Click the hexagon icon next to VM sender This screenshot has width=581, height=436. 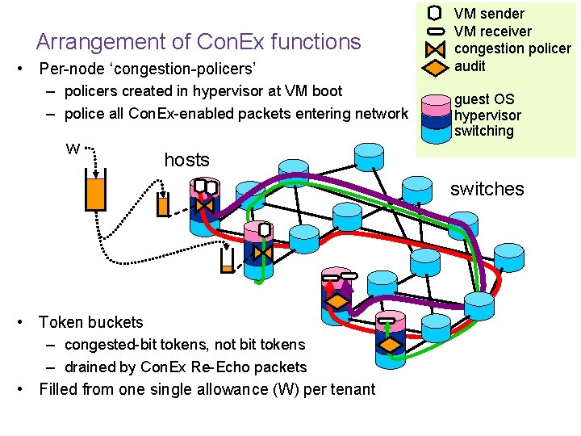click(434, 13)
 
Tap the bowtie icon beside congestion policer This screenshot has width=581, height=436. click(434, 48)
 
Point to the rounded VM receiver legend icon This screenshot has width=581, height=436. click(434, 31)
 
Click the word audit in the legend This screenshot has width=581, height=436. click(471, 66)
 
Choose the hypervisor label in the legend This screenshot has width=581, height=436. click(487, 115)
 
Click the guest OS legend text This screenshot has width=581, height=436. click(484, 99)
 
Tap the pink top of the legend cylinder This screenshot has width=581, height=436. click(434, 100)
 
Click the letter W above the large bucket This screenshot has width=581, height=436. click(73, 149)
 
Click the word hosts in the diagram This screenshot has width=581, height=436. click(186, 160)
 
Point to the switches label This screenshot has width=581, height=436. click(487, 189)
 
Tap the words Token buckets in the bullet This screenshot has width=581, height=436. click(90, 322)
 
